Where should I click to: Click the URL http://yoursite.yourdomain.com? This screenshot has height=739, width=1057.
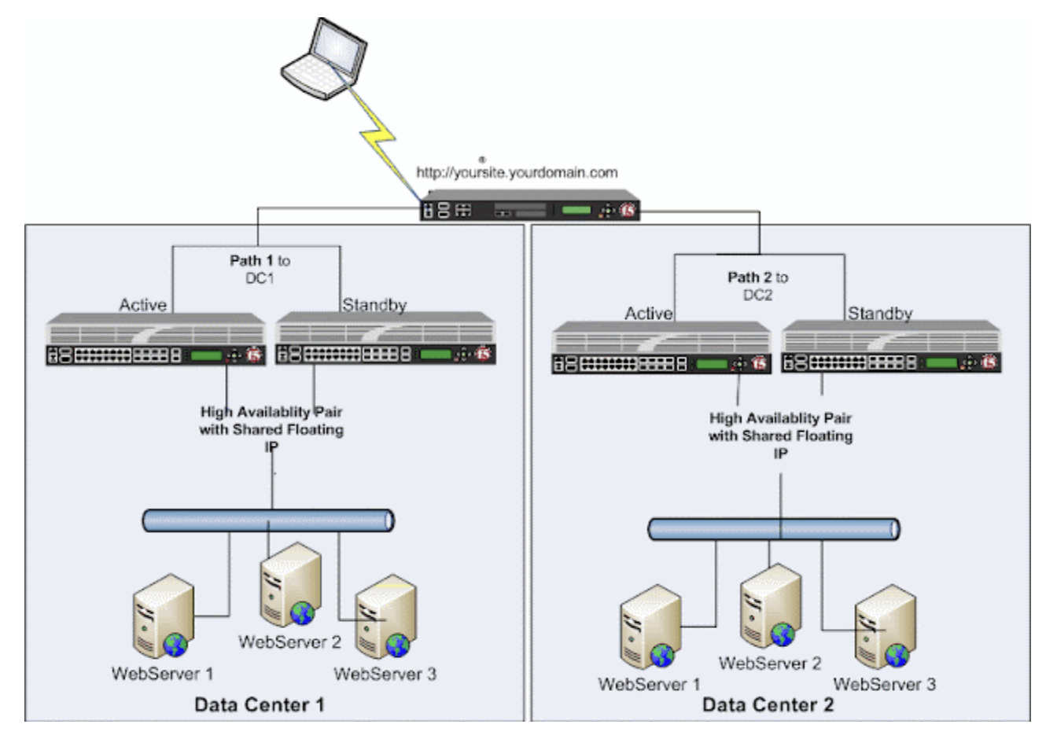517,172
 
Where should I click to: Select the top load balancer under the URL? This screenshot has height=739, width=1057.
528,206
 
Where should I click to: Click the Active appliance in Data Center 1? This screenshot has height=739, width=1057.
155,340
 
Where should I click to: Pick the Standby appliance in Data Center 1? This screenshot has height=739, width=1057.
385,340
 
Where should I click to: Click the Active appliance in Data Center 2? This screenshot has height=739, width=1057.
661,347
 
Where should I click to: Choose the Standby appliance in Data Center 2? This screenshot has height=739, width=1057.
891,347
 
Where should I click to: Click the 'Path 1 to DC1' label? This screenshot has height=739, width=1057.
260,269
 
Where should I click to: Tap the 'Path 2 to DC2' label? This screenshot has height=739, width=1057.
757,285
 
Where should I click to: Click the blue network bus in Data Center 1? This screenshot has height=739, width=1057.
268,520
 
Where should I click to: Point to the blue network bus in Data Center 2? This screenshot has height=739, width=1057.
774,529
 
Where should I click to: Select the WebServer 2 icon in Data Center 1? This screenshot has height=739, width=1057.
290,585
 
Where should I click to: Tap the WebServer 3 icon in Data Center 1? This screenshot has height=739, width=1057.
385,621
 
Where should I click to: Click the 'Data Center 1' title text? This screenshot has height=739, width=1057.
259,704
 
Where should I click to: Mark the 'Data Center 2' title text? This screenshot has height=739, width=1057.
767,704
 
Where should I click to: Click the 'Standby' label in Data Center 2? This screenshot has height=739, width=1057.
879,314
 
